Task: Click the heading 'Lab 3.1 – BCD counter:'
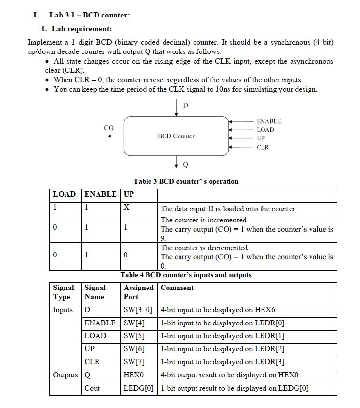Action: [x=89, y=15]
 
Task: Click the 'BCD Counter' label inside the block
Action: [x=176, y=136]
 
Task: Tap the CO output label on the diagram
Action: [x=109, y=128]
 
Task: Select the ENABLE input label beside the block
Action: [x=269, y=121]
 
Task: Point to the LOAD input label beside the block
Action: [x=265, y=130]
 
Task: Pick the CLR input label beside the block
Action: [x=262, y=147]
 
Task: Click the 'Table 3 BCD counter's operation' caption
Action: [x=186, y=181]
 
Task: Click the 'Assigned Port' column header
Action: [x=138, y=292]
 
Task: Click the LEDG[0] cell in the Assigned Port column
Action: [x=138, y=388]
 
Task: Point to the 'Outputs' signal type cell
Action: [x=65, y=375]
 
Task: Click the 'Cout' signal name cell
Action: [x=92, y=388]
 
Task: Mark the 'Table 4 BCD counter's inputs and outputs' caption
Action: [x=186, y=275]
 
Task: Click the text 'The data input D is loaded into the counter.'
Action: [x=229, y=209]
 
